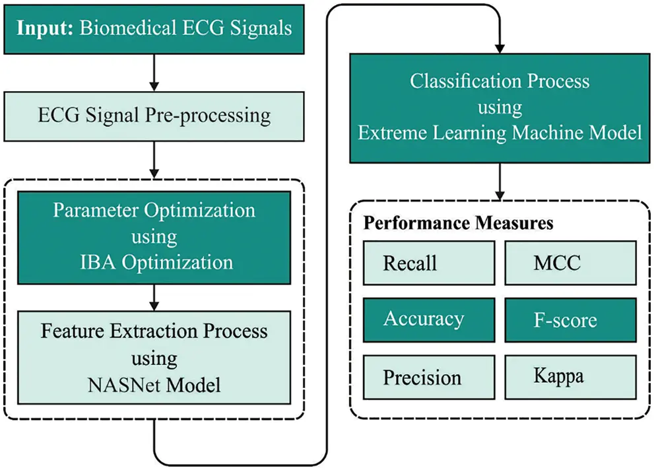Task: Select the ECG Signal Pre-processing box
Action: click(x=154, y=116)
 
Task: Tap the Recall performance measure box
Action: click(x=428, y=263)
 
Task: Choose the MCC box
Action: click(x=570, y=263)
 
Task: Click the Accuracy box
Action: click(x=428, y=319)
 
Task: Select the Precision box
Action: click(x=428, y=378)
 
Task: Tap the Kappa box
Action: click(x=570, y=377)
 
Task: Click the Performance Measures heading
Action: click(x=458, y=223)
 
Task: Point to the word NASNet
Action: click(x=118, y=385)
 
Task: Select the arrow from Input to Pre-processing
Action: click(x=154, y=73)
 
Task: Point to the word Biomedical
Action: click(x=120, y=28)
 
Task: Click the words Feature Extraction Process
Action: click(x=154, y=331)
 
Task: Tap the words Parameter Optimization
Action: click(x=154, y=211)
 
